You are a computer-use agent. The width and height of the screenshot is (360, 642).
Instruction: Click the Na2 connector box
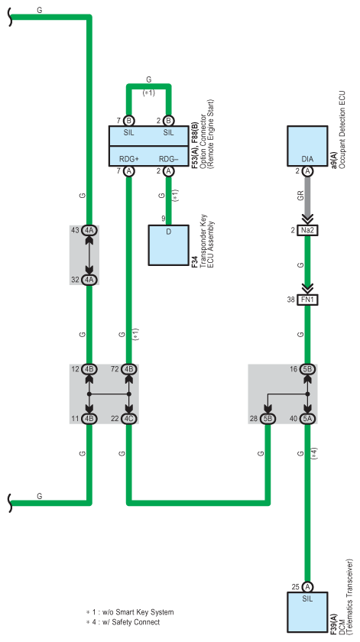tap(307, 231)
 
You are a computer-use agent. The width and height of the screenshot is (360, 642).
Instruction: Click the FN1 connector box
tap(307, 300)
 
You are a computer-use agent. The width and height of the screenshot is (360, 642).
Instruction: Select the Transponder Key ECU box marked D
tap(168, 245)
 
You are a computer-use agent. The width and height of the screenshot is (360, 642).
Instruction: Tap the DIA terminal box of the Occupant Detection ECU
tap(307, 146)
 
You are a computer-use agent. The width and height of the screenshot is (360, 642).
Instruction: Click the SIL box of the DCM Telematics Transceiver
tap(307, 612)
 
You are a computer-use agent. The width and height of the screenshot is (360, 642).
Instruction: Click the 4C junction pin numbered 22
tap(129, 419)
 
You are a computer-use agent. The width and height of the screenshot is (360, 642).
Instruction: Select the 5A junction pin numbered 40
tap(307, 419)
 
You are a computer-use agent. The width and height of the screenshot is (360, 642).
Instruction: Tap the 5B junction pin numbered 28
tap(268, 419)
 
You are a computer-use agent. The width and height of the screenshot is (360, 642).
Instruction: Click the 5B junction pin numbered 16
tap(307, 369)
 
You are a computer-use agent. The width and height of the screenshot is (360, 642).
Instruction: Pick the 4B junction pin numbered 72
tap(129, 369)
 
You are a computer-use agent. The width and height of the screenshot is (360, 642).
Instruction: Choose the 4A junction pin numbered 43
tap(89, 230)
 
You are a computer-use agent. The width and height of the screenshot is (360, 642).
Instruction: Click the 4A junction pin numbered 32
tap(89, 280)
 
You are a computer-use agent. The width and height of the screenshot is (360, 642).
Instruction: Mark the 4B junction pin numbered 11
tap(89, 419)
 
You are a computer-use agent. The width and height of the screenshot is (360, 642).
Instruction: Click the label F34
tap(195, 262)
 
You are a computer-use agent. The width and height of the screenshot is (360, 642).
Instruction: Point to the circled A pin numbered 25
tap(307, 587)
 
